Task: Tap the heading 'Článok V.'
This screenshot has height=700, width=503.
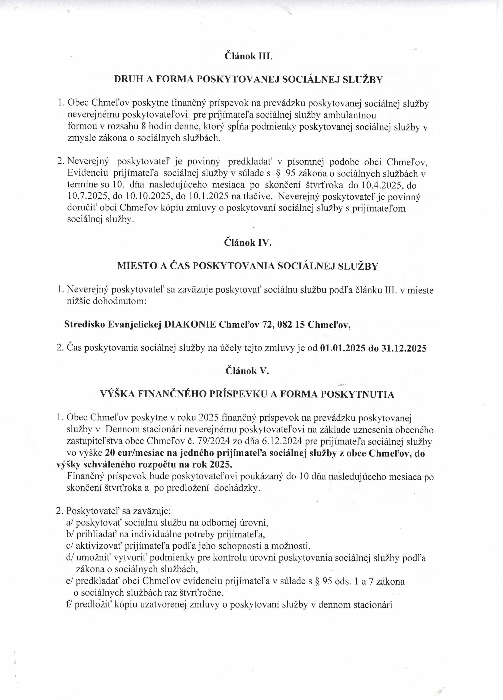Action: pyautogui.click(x=247, y=371)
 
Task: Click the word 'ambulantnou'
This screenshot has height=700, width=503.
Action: pyautogui.click(x=349, y=115)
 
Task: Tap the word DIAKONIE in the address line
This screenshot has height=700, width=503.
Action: pyautogui.click(x=190, y=325)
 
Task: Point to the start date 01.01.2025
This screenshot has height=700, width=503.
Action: pyautogui.click(x=343, y=348)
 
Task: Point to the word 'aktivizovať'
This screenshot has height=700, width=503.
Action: pyautogui.click(x=99, y=546)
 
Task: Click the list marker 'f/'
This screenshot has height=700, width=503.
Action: pyautogui.click(x=69, y=604)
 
